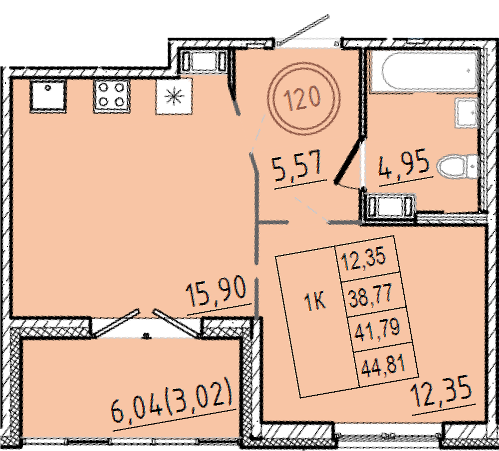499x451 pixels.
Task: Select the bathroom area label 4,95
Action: [x=404, y=166]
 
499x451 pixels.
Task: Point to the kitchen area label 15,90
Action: [x=217, y=292]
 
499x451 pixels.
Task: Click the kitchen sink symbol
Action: [x=48, y=96]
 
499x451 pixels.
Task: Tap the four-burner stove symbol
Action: [x=111, y=96]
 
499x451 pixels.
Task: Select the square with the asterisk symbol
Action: [x=174, y=96]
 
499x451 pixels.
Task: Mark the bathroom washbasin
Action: [x=466, y=113]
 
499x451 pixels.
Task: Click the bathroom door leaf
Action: [x=349, y=159]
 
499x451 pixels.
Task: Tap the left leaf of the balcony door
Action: [x=116, y=322]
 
